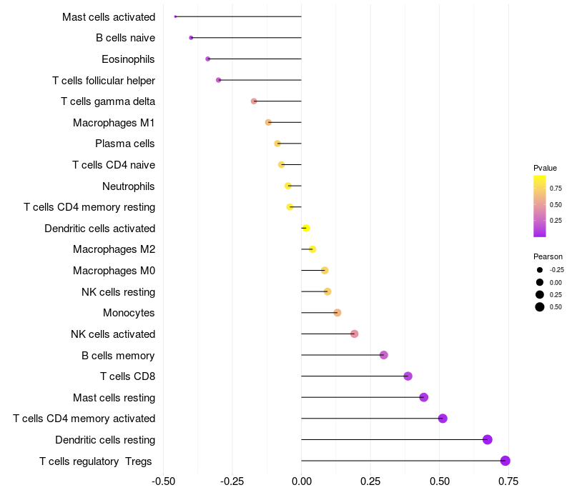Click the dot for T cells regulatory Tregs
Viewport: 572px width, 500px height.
[x=506, y=461]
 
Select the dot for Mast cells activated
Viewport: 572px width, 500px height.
[x=175, y=16]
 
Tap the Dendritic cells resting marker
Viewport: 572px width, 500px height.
[x=488, y=439]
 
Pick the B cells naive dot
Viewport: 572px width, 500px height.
[x=191, y=38]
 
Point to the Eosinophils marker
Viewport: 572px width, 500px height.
[x=208, y=59]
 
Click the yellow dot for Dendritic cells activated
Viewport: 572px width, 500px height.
[x=306, y=228]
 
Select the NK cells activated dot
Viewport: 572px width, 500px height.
[x=355, y=334]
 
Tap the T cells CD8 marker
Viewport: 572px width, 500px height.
[x=408, y=376]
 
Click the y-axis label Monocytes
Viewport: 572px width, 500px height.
[x=129, y=313]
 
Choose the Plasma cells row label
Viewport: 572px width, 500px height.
[x=124, y=144]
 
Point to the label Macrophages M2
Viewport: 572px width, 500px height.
[x=114, y=249]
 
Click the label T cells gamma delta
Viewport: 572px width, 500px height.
[x=108, y=101]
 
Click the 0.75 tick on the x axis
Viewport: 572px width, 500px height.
[x=508, y=481]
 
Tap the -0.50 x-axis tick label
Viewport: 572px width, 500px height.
[x=164, y=481]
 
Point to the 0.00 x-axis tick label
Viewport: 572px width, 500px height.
[x=302, y=481]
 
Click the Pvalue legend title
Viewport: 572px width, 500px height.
[x=545, y=168]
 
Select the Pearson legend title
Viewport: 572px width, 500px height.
[x=548, y=256]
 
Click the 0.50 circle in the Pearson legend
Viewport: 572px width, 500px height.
[x=540, y=307]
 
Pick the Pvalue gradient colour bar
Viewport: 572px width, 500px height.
[x=540, y=206]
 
